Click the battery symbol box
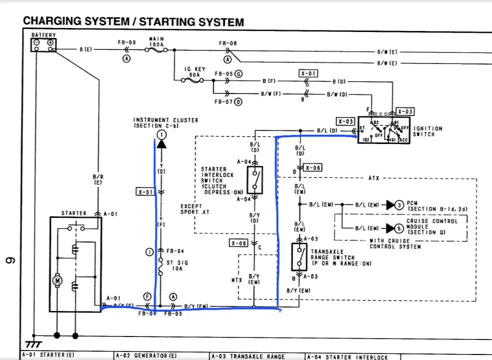coord(43,44)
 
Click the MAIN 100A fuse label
coord(157,41)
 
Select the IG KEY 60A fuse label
coord(192,71)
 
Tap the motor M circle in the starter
coord(57,280)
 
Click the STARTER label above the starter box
coord(74,213)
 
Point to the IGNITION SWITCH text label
coord(428,131)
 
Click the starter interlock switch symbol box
coord(255,180)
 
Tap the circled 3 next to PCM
coord(399,204)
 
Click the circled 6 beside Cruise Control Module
coord(399,228)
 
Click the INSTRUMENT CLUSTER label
coord(165,122)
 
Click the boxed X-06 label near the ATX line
coord(312,168)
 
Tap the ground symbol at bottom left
coord(34,344)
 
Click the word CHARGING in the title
coord(53,21)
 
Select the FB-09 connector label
coord(127,43)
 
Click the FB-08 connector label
coord(228,43)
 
